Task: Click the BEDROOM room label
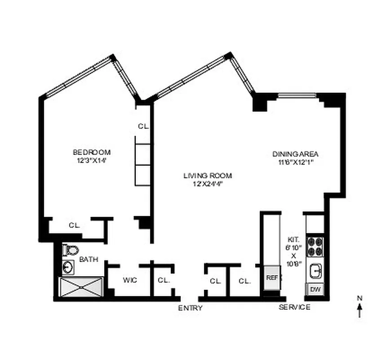pyautogui.click(x=92, y=152)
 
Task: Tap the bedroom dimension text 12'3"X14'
pyautogui.click(x=92, y=160)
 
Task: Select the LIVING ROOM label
pyautogui.click(x=207, y=175)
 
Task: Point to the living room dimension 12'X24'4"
pyautogui.click(x=207, y=183)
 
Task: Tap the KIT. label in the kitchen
pyautogui.click(x=293, y=240)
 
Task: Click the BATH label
pyautogui.click(x=89, y=260)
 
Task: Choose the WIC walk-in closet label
pyautogui.click(x=130, y=280)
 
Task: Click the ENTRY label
pyautogui.click(x=190, y=308)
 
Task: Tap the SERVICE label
pyautogui.click(x=294, y=307)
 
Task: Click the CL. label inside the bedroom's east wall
pyautogui.click(x=143, y=127)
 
